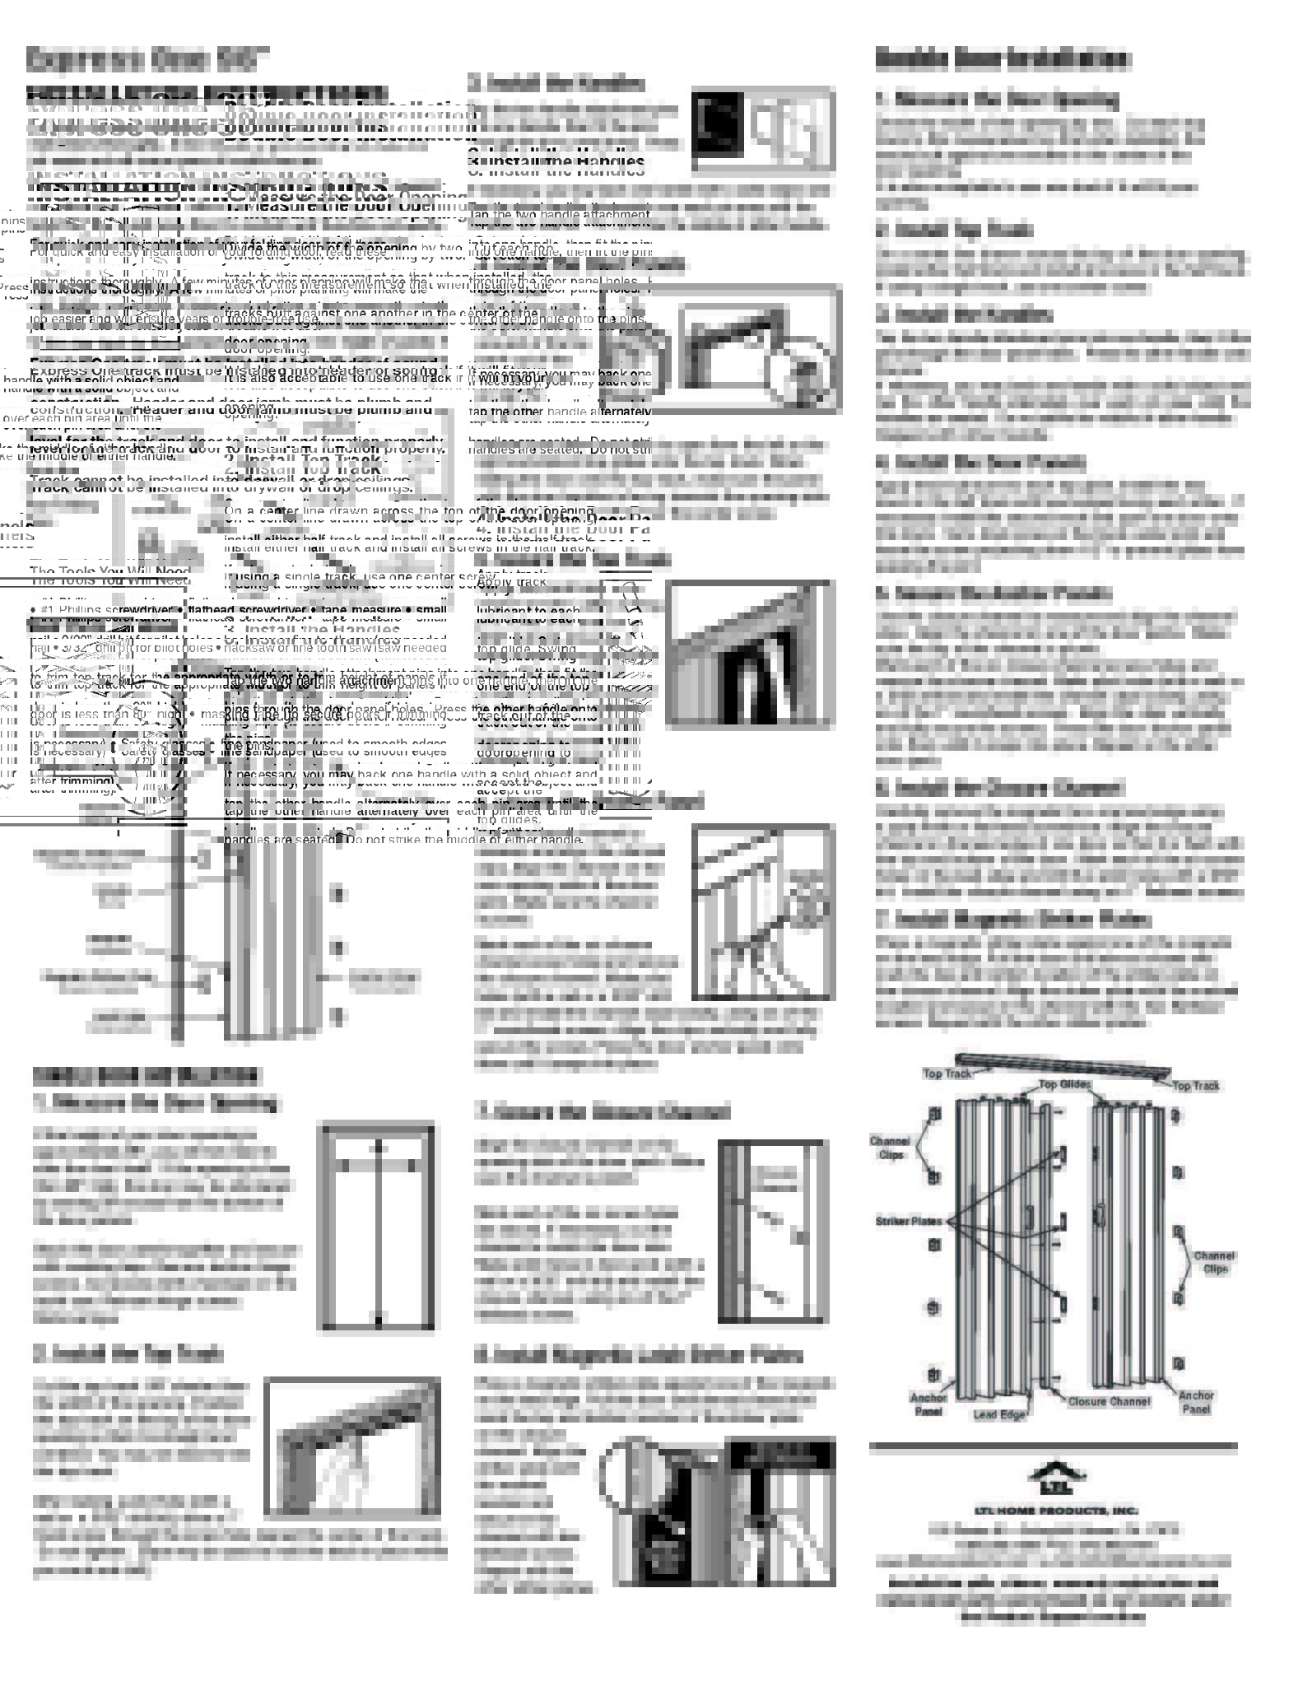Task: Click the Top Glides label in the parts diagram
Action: [1063, 1084]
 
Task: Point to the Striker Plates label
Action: [908, 1221]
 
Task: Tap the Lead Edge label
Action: [999, 1414]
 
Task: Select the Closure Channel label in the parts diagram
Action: [1109, 1400]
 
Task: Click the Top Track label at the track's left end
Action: [947, 1073]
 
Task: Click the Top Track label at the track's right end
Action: [1195, 1086]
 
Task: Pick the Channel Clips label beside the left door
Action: [889, 1148]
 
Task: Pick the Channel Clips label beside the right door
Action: [1214, 1262]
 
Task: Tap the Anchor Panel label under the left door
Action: [928, 1404]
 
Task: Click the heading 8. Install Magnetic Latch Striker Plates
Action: [638, 1355]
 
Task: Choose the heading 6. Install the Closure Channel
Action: [998, 788]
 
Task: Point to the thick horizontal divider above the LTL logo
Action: [1053, 1446]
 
